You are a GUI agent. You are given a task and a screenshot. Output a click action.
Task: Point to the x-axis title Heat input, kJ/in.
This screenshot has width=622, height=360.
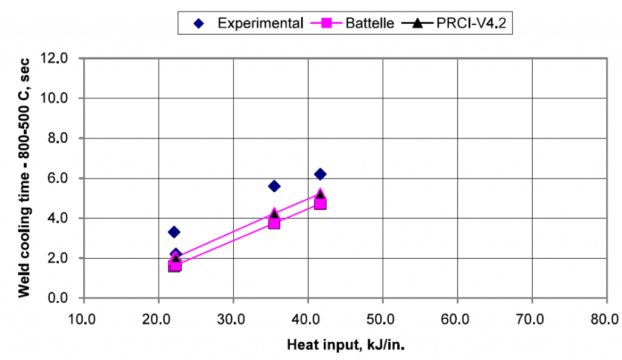(346, 345)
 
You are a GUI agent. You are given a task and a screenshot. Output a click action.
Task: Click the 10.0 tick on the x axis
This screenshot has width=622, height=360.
(83, 319)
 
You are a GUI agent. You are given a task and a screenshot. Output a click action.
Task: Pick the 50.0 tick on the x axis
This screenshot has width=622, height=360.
(383, 319)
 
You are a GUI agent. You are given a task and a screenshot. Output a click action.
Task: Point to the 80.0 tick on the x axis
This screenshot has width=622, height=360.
(607, 319)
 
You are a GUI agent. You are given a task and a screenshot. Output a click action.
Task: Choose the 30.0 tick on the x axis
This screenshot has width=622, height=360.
(233, 319)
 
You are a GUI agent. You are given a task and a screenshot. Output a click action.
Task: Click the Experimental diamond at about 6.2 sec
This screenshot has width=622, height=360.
(320, 174)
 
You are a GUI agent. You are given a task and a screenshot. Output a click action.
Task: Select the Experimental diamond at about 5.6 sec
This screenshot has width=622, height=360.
(274, 186)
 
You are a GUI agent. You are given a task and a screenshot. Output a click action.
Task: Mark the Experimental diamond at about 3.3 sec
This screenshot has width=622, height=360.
(174, 232)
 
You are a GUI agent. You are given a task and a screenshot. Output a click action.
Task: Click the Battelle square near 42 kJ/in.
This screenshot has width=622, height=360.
(320, 204)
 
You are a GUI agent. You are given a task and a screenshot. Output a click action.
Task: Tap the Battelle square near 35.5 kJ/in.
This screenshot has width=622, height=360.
(274, 223)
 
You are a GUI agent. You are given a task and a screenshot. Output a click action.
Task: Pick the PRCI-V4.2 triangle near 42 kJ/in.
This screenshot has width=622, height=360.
(320, 194)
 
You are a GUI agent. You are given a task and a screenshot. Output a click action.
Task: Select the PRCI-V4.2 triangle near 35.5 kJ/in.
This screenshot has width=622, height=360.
(274, 213)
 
